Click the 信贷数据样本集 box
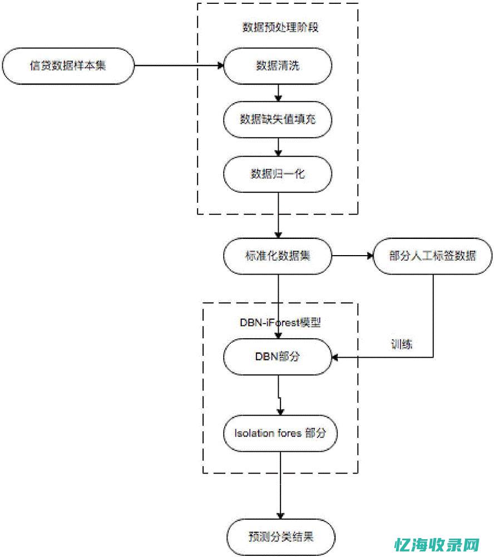coord(68,65)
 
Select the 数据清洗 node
coord(278,65)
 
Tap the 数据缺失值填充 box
coord(278,119)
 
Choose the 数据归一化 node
coord(278,173)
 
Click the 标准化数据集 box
coord(278,256)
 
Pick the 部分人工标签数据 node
coord(432,256)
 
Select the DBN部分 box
coord(278,356)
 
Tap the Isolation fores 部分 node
coord(280,433)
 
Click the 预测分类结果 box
coord(280,538)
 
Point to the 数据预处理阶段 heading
coord(280,27)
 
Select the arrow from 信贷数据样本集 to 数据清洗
coord(178,66)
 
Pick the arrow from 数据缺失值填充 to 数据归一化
coord(278,146)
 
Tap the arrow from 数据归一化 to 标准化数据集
coord(278,214)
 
